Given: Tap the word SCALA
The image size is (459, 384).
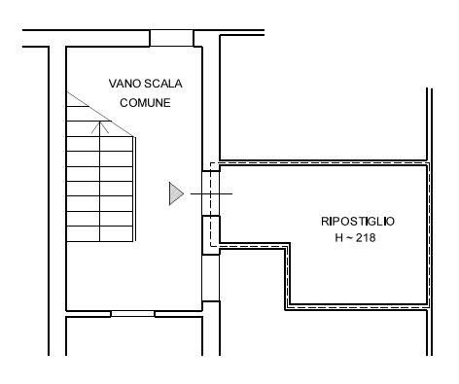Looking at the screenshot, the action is [x=163, y=84].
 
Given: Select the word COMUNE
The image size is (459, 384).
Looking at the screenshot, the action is [x=145, y=103].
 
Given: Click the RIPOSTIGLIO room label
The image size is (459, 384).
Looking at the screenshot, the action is [x=358, y=222].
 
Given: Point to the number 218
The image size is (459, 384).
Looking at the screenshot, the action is [x=366, y=238].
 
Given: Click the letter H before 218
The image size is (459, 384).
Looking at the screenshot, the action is [x=338, y=238].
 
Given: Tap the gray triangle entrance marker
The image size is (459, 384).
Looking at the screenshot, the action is [x=176, y=193].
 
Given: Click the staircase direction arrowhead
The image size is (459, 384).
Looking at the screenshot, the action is [x=100, y=127].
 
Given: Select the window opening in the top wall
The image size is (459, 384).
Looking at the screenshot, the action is [x=171, y=38].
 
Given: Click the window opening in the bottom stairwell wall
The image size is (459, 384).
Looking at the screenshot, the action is [x=132, y=314].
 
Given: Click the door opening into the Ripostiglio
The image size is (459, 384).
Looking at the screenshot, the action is [x=211, y=193].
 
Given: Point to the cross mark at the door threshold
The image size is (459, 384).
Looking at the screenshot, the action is [x=211, y=193].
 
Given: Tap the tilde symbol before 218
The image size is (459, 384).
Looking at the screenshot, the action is [x=349, y=237].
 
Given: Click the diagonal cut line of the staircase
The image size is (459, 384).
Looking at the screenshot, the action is [x=100, y=114].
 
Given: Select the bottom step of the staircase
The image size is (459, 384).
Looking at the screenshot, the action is [x=99, y=234].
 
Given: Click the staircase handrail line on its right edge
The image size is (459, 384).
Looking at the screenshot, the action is [x=134, y=190].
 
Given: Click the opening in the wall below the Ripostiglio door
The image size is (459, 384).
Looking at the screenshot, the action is [x=211, y=278].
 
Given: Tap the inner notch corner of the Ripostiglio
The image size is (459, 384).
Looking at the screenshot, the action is [x=290, y=243].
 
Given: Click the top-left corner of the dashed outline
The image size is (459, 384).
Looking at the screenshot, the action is [x=211, y=162].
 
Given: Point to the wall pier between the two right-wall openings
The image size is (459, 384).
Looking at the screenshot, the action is [x=211, y=235].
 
